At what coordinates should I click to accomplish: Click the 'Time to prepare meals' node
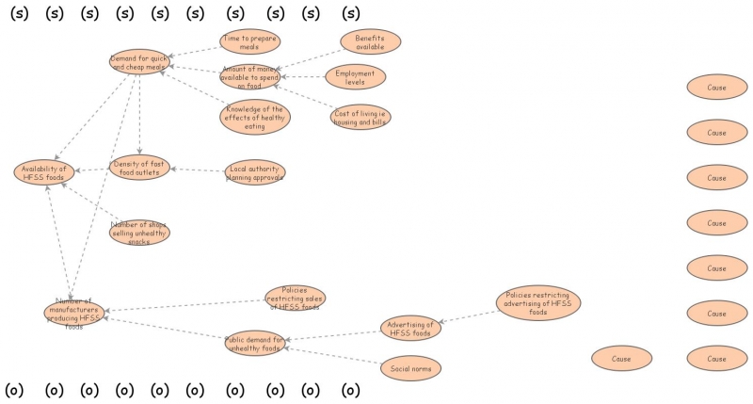[x=249, y=42]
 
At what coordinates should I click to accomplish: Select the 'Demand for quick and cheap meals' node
[x=138, y=63]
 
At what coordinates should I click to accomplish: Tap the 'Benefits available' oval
[x=370, y=42]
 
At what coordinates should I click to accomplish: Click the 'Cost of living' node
[x=360, y=117]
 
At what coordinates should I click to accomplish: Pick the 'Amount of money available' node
[x=249, y=77]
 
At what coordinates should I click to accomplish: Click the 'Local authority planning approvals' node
[x=254, y=172]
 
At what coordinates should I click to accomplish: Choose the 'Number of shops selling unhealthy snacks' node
[x=139, y=232]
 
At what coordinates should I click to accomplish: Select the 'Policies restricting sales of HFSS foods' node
[x=295, y=298]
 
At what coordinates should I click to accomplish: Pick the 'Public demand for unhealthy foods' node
[x=255, y=342]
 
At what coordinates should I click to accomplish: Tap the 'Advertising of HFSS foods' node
[x=410, y=329]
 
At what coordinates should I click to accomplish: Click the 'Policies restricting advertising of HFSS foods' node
[x=537, y=303]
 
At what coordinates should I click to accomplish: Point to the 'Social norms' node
[x=410, y=367]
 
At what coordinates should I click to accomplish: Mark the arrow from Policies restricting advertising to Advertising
[x=468, y=316]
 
